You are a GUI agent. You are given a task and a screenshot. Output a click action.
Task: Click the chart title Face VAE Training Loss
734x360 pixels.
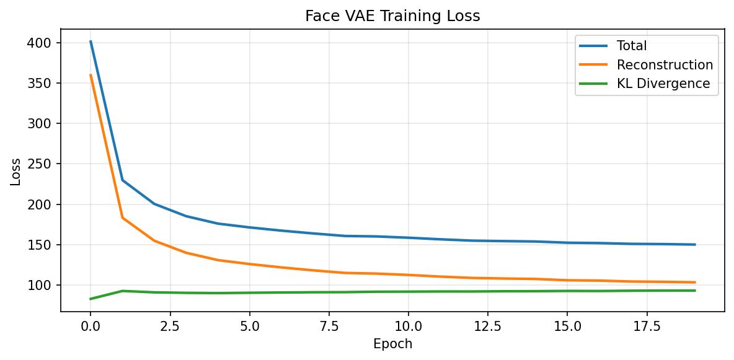pyautogui.click(x=392, y=16)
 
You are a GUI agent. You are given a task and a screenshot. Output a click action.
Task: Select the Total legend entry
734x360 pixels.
pyautogui.click(x=631, y=46)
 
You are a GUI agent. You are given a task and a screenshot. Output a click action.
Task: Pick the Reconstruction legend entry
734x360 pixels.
pyautogui.click(x=664, y=65)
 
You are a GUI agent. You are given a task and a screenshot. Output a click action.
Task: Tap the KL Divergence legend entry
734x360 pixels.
pyautogui.click(x=663, y=84)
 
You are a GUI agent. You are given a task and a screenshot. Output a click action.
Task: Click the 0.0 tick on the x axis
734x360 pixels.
pyautogui.click(x=91, y=325)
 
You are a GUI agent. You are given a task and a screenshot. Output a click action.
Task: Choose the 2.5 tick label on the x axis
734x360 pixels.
pyautogui.click(x=170, y=325)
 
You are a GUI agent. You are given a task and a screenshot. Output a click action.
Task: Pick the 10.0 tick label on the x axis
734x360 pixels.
pyautogui.click(x=408, y=325)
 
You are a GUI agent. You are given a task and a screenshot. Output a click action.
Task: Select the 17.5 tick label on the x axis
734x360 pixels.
pyautogui.click(x=646, y=325)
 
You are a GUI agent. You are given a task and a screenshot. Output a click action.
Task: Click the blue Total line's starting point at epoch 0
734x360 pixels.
pyautogui.click(x=91, y=42)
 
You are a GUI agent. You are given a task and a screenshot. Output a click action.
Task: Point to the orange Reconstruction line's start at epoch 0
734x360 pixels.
pyautogui.click(x=91, y=75)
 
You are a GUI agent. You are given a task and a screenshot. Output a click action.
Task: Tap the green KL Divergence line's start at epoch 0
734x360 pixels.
pyautogui.click(x=91, y=299)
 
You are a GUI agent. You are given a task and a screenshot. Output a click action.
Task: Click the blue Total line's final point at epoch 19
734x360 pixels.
pyautogui.click(x=694, y=245)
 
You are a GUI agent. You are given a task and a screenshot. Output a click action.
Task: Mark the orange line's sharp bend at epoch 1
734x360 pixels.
pyautogui.click(x=123, y=217)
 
